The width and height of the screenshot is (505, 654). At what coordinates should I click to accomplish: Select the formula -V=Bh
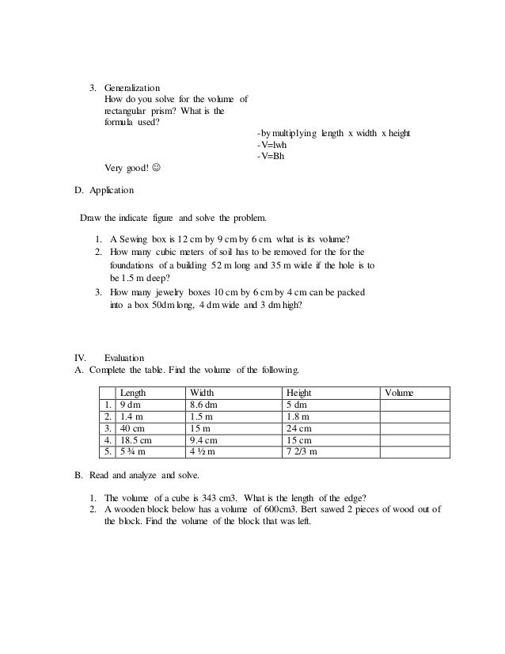point(271,156)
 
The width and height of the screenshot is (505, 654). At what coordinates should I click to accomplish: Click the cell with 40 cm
point(132,428)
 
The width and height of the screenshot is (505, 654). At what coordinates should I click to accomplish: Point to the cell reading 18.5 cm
point(136,440)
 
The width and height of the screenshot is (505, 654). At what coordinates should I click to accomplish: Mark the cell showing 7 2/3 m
point(302,452)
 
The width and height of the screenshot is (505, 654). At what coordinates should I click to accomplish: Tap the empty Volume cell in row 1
point(415,405)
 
